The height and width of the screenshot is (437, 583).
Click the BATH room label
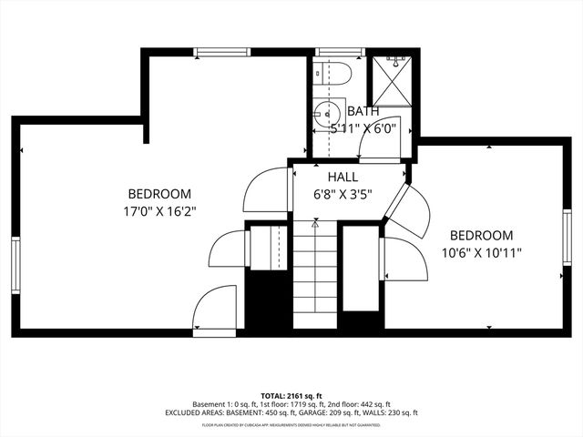point(363,112)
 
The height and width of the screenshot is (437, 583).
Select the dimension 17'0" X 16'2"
point(159,210)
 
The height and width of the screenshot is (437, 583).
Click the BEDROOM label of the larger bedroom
point(159,193)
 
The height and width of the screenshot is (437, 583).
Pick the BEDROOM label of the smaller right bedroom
point(481,235)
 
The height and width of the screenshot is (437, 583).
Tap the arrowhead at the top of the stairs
point(315,221)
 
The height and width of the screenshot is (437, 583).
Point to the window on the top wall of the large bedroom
point(223,52)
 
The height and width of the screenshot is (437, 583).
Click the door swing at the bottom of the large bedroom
point(217,307)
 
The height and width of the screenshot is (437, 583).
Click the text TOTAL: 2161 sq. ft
point(291,396)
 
